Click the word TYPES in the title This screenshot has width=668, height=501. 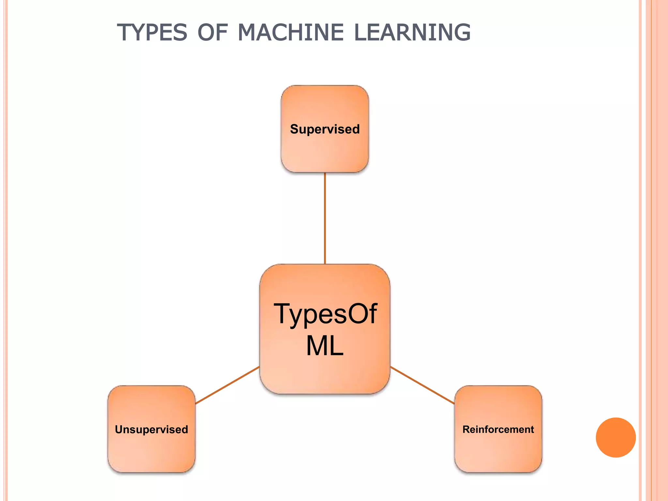pos(152,33)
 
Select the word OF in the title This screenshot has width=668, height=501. pos(212,33)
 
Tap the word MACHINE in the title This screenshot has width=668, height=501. pos(291,33)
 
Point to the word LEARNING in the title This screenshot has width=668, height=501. pos(412,33)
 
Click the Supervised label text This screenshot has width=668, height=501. pos(325,129)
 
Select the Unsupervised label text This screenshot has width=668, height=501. pos(151,430)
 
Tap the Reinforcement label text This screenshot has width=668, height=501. pos(498,430)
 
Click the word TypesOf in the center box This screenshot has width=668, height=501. pos(325,314)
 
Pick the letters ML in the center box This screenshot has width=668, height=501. pos(325,346)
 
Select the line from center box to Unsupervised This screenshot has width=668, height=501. pos(227,385)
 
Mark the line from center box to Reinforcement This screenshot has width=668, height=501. pos(422,385)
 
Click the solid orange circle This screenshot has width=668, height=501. pos(615,437)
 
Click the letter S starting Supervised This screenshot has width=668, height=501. pos(294,129)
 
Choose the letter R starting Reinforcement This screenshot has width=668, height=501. pos(466,430)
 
